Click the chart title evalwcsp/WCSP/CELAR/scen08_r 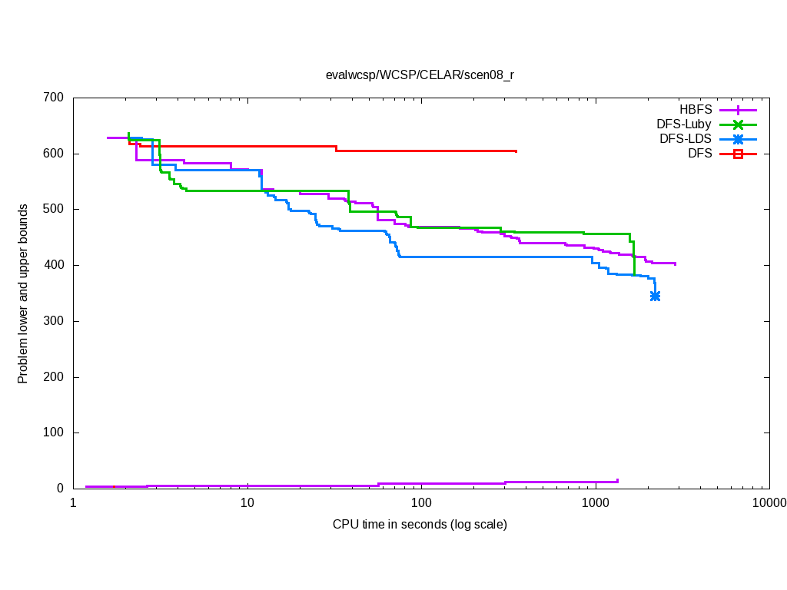(x=420, y=75)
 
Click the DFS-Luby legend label (x=684, y=124)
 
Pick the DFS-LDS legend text (x=686, y=139)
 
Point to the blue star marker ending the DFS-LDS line (x=655, y=296)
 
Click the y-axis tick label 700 (x=53, y=98)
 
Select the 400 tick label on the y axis (x=53, y=265)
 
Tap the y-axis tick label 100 (x=53, y=433)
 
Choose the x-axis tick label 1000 (x=596, y=504)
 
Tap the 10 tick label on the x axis (x=247, y=504)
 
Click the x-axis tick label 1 (x=73, y=504)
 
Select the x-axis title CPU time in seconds (x=420, y=525)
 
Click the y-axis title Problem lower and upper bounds (x=23, y=293)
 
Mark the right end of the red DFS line (x=516, y=151)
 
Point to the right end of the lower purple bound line (x=617, y=481)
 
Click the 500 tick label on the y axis (x=53, y=209)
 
